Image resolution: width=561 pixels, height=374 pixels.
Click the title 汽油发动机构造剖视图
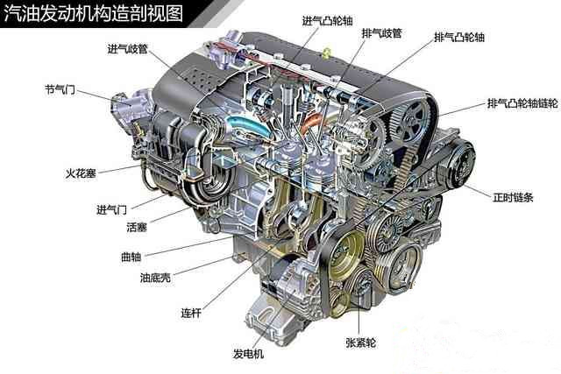pos(93,14)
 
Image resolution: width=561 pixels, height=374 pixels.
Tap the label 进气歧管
pos(128,49)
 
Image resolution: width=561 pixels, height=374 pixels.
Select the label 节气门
pos(60,89)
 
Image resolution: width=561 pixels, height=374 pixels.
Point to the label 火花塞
pos(81,173)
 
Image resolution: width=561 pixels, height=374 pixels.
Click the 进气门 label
pos(111,209)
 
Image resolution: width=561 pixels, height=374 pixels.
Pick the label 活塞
pos(137,227)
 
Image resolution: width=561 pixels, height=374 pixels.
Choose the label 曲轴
pos(131,257)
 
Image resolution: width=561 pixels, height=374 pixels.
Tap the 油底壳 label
pos(155,278)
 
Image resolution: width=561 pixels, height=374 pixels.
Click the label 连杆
pos(191,314)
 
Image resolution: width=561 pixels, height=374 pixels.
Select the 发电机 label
pos(248,354)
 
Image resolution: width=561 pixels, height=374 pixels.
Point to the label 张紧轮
pos(360,342)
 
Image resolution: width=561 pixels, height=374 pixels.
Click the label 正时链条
pos(514,197)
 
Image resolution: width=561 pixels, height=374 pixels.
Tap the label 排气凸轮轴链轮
pos(522,103)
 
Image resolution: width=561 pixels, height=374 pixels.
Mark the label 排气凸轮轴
pos(459,37)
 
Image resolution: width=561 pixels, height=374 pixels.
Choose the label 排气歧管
pos(382,33)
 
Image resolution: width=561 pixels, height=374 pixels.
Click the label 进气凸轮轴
pos(327,21)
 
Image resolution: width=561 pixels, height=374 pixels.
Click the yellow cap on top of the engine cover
pos(326,53)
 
